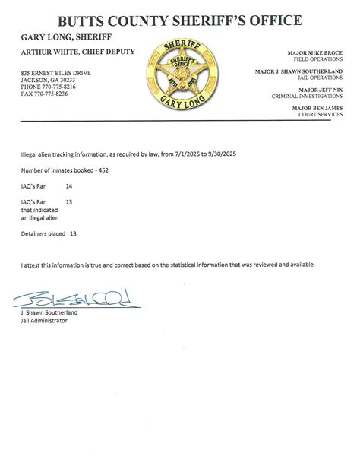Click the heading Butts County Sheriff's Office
[x=179, y=20]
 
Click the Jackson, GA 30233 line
[x=46, y=78]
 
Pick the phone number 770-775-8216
[x=62, y=85]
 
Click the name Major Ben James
[x=318, y=108]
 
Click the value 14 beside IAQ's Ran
[x=70, y=185]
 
